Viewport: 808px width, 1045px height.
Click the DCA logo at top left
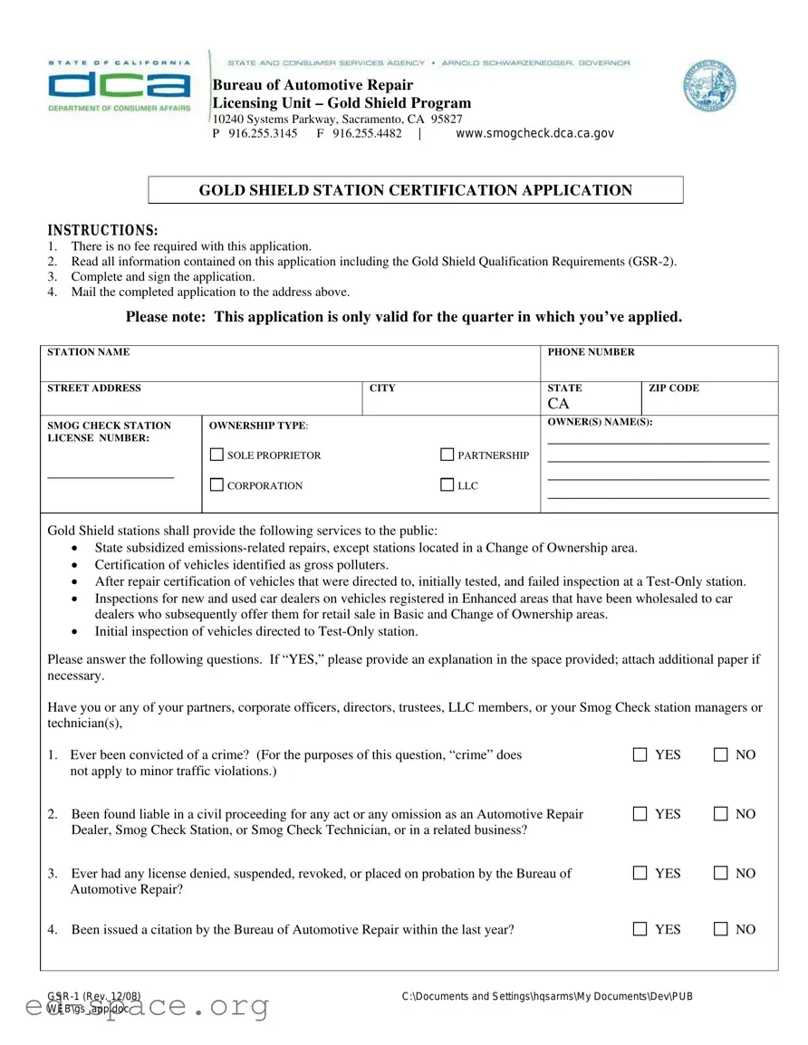point(119,86)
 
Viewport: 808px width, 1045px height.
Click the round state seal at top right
point(709,87)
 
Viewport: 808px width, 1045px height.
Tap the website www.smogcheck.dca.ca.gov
point(534,133)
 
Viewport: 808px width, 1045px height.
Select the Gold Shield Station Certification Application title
point(415,190)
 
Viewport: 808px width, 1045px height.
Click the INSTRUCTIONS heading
point(102,230)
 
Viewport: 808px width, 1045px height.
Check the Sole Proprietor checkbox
point(216,455)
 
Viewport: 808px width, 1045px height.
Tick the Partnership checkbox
point(447,455)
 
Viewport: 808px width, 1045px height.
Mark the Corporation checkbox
point(216,485)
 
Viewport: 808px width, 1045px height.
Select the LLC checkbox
point(447,485)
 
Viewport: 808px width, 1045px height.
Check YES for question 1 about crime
point(640,754)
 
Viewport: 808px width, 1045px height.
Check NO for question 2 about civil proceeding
point(721,813)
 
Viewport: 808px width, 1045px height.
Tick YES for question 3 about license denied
point(640,873)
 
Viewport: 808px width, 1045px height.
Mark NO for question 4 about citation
point(721,928)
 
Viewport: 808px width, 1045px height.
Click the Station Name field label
point(88,352)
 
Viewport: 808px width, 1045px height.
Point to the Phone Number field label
point(591,352)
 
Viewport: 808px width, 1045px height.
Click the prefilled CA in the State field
point(558,404)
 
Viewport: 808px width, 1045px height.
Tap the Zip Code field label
point(674,388)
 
